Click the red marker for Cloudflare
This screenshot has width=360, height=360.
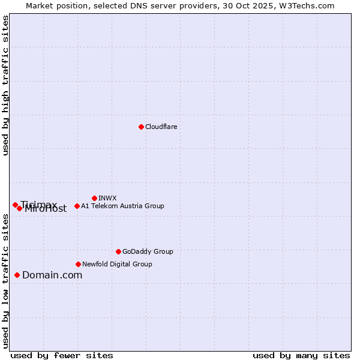[x=141, y=127]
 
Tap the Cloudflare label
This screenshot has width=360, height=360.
[x=161, y=127]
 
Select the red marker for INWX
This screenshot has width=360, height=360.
[x=94, y=198]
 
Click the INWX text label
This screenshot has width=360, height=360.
[x=107, y=198]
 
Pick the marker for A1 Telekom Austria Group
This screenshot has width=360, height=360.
[x=77, y=206]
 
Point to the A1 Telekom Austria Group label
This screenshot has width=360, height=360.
[x=122, y=206]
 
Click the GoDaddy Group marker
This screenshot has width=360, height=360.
[x=118, y=251]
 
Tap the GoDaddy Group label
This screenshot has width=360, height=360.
[x=148, y=251]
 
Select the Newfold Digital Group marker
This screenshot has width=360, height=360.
[x=78, y=264]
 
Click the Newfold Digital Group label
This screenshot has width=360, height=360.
[x=117, y=264]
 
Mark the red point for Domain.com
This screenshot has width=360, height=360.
[x=17, y=275]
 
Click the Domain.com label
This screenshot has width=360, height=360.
[x=52, y=275]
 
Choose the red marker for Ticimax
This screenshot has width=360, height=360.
[x=15, y=205]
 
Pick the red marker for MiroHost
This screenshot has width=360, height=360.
[x=20, y=208]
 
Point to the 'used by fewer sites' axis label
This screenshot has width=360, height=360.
[x=62, y=355]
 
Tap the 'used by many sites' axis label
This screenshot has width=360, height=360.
[x=301, y=355]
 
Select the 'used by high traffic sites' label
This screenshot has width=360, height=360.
[x=5, y=85]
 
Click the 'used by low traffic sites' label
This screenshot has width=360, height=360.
[x=5, y=281]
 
